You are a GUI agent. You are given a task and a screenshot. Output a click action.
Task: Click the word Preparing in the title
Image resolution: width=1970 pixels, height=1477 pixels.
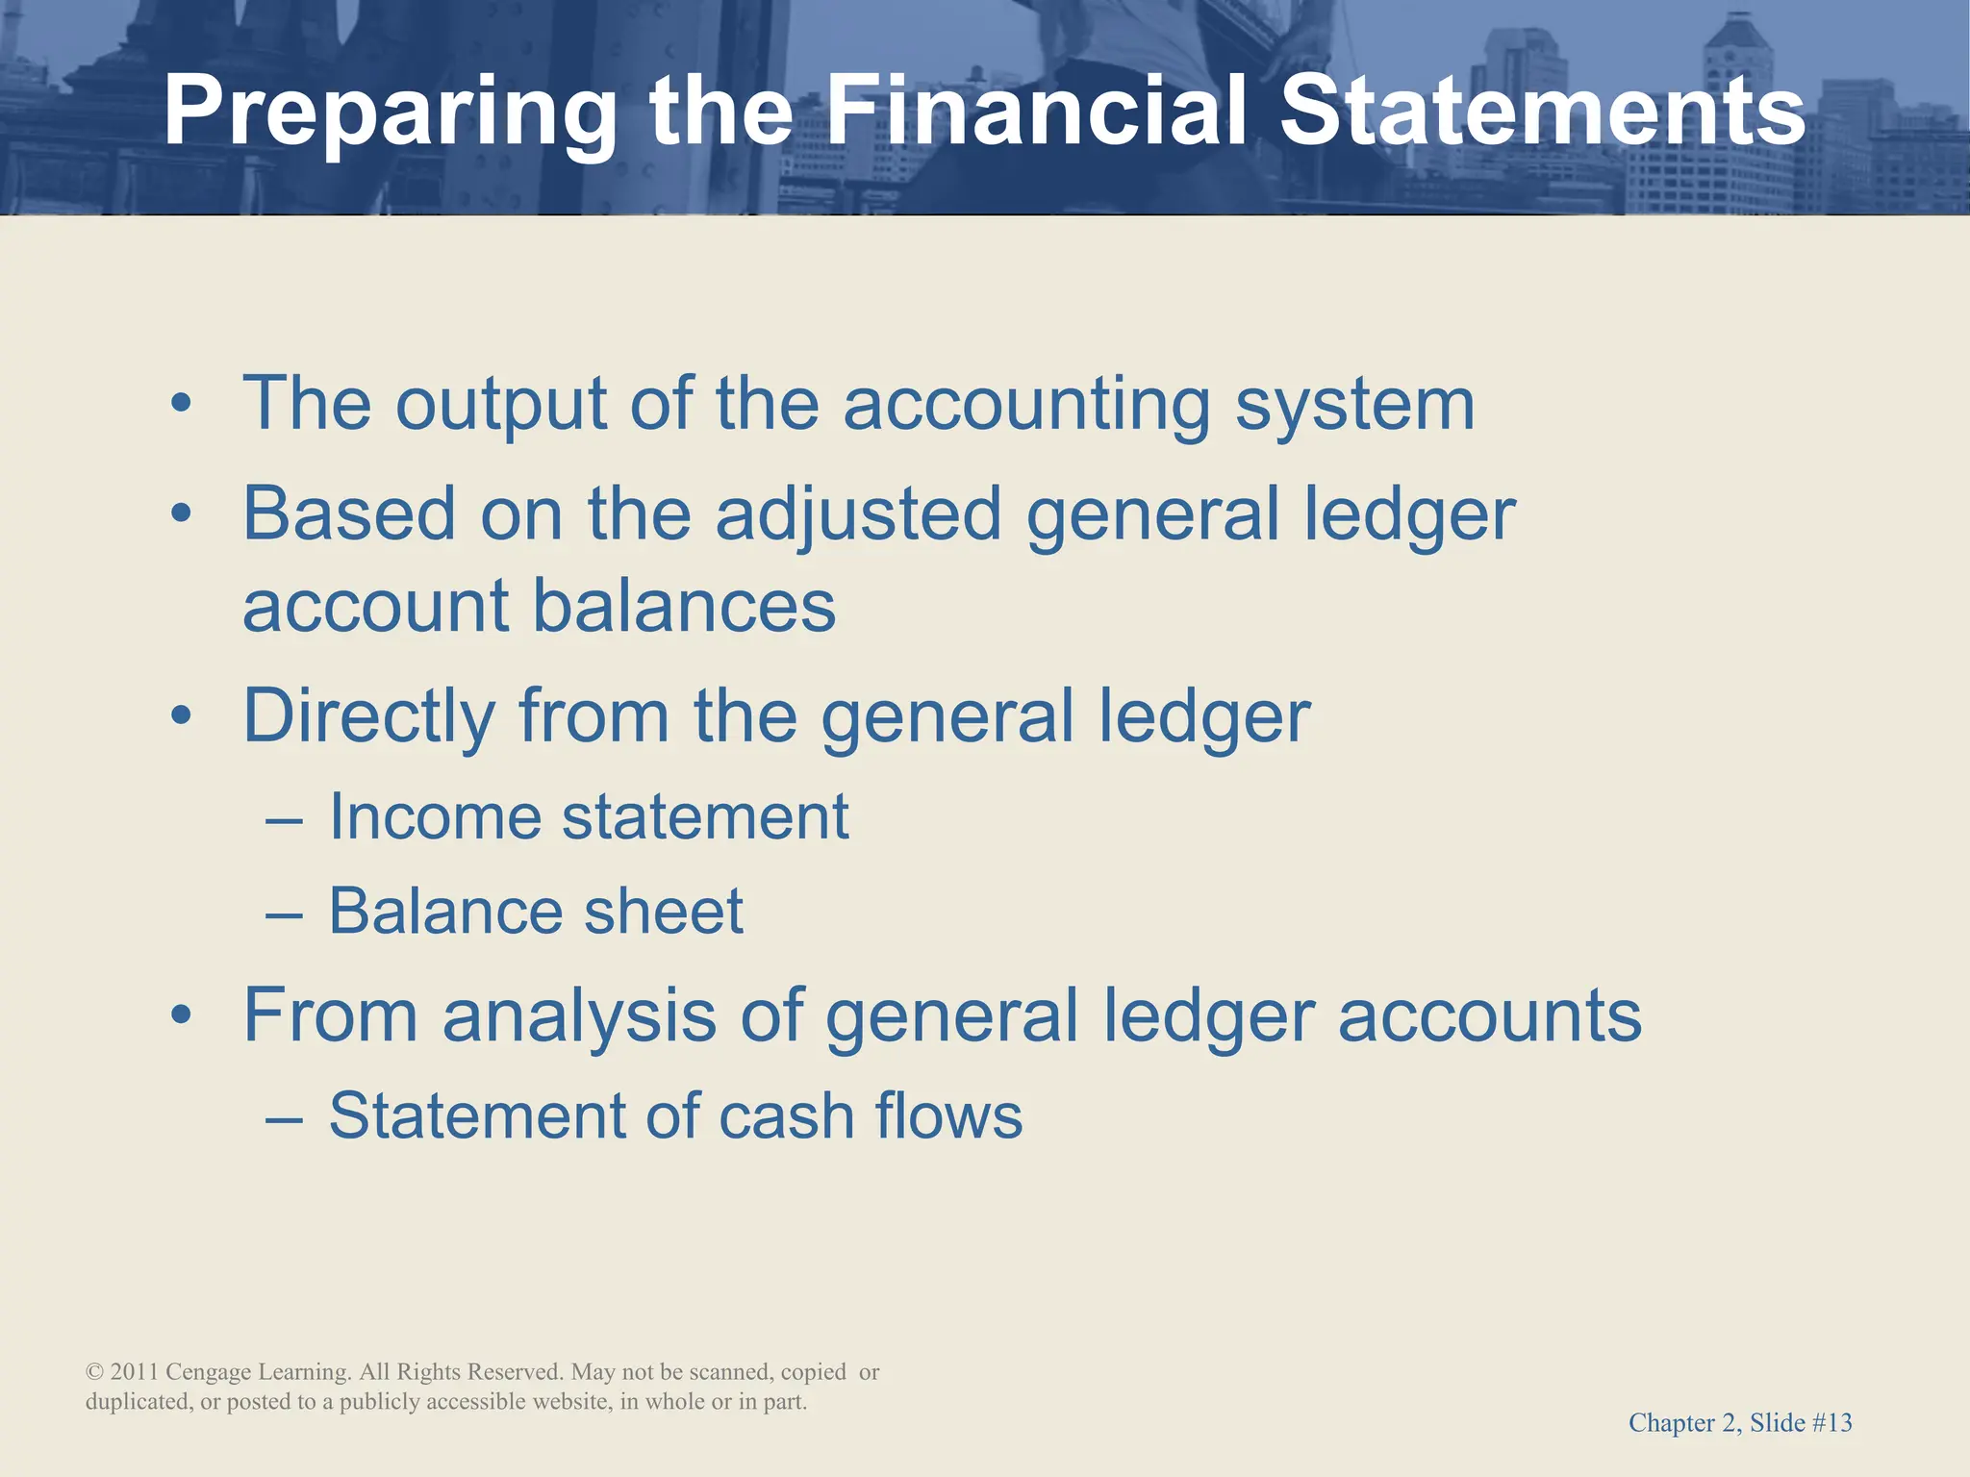pos(390,113)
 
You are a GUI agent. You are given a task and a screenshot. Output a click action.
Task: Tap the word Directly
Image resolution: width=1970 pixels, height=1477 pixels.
pos(368,717)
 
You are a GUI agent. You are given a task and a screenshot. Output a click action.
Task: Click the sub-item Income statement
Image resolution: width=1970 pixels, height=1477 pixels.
pos(589,817)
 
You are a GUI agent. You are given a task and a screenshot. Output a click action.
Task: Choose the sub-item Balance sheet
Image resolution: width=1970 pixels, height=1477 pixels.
pos(536,911)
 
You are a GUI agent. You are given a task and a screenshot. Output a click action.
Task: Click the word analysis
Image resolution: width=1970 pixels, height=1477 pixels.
pos(579,1016)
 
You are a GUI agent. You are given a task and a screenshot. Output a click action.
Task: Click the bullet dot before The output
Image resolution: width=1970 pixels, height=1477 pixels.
pos(181,405)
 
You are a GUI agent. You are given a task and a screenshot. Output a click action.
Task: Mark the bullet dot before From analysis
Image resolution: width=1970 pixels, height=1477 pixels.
pos(181,1015)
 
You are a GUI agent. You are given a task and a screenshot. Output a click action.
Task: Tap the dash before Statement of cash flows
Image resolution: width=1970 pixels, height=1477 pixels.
pos(285,1118)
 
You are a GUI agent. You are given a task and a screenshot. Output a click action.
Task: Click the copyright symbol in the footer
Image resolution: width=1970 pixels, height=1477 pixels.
pos(94,1372)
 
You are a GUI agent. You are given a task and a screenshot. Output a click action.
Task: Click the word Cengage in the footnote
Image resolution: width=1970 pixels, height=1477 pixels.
pos(209,1372)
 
